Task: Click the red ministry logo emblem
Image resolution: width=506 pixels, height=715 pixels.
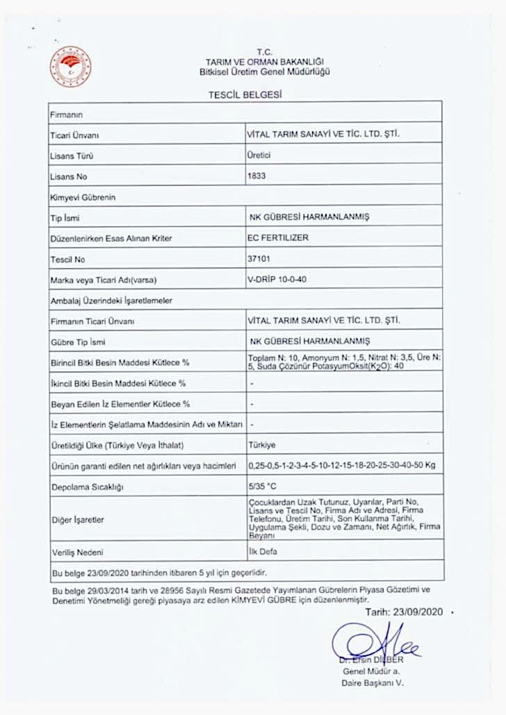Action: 70,67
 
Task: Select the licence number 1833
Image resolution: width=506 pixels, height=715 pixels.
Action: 256,176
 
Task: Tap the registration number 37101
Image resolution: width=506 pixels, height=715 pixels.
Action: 259,259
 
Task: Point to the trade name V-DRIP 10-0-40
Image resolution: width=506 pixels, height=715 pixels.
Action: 277,280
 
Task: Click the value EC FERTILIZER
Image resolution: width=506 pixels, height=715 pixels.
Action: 278,237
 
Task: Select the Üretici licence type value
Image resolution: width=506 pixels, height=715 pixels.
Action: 259,155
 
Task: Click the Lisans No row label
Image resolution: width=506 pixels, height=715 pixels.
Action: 67,177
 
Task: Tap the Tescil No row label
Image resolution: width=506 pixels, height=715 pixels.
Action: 67,260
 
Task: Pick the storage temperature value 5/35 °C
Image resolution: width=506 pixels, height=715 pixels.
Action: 262,487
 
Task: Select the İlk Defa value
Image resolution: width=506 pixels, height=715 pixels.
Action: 262,551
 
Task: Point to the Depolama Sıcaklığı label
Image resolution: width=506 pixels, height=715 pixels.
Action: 86,487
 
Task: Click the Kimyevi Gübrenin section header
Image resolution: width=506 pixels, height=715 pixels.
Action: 82,197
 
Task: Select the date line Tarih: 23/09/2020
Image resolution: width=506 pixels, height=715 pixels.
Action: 404,612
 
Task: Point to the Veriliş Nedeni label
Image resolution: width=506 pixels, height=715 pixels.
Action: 76,553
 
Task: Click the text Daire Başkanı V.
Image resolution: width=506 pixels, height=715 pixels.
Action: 372,683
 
